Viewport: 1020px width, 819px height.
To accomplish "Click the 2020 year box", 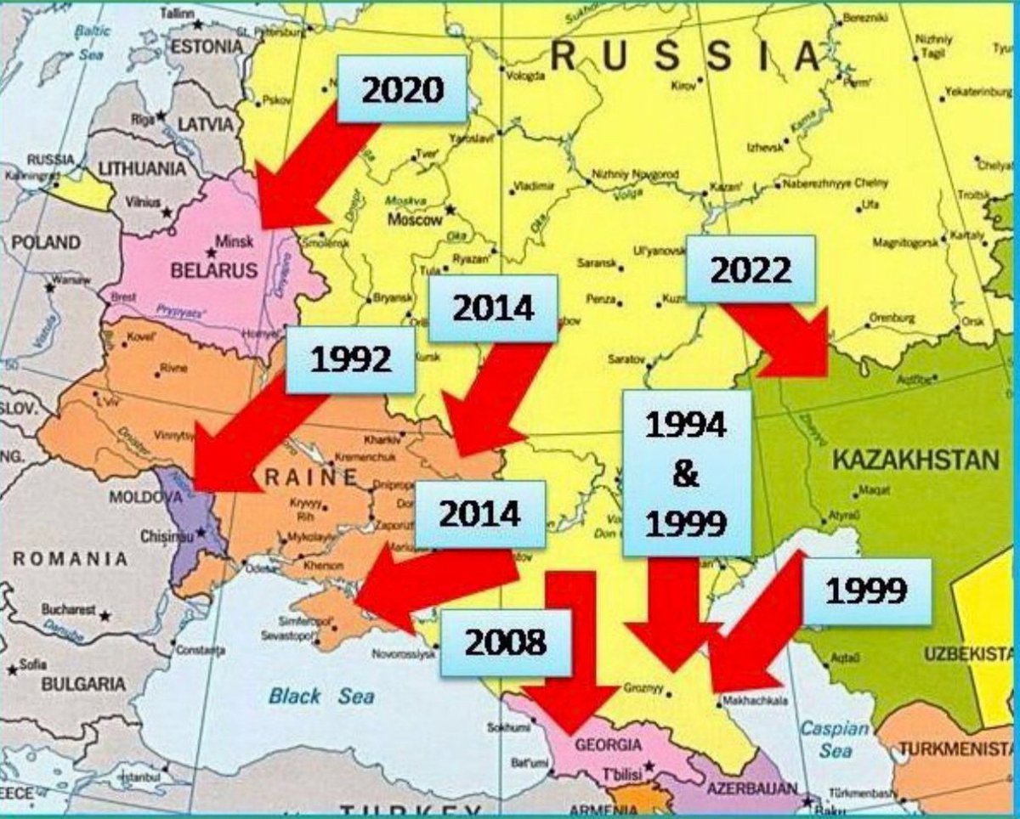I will coord(402,89).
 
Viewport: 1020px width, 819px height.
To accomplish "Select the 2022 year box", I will coord(750,269).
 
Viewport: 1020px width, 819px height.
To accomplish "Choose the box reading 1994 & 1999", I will coord(686,473).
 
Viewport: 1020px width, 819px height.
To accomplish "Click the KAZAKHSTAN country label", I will coord(915,461).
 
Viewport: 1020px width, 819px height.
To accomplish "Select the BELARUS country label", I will coord(213,271).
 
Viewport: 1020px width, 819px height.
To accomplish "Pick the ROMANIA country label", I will coord(70,559).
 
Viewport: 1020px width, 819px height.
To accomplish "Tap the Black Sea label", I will coord(320,697).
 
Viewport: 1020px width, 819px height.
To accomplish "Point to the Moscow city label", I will coord(416,220).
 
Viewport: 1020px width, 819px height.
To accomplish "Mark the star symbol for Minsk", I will coord(211,252).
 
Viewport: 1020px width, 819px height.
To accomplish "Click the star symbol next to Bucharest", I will coord(105,614).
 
